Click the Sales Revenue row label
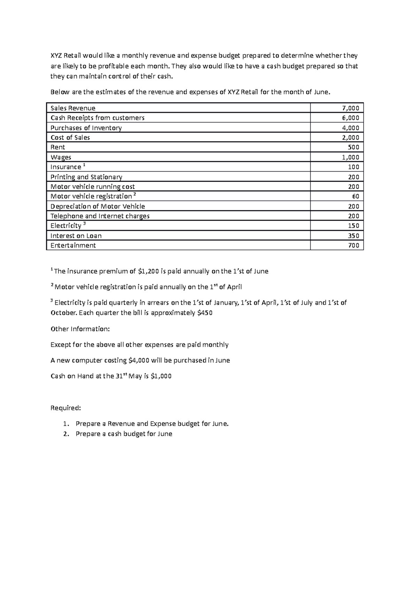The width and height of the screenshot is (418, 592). [x=73, y=108]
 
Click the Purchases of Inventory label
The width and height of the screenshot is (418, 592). [x=86, y=128]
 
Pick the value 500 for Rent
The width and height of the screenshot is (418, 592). [x=354, y=147]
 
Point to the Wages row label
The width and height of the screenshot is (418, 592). [x=61, y=157]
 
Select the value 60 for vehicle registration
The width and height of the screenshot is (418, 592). [x=355, y=196]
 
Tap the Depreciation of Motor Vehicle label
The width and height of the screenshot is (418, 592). [x=98, y=206]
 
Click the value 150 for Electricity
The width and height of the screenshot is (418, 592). [x=354, y=226]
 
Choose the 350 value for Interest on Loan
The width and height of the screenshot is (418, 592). [x=354, y=236]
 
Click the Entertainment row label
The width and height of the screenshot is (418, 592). [x=73, y=245]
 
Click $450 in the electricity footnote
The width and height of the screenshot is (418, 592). [x=204, y=313]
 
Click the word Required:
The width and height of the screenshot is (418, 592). [x=65, y=408]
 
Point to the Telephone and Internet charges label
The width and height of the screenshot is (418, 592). [x=100, y=216]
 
